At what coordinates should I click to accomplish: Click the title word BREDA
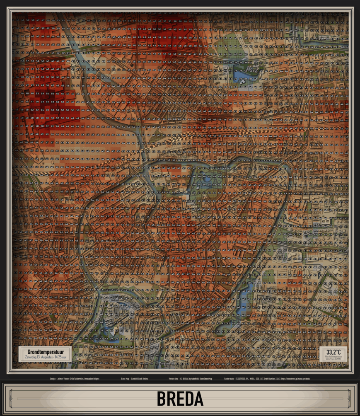tap(180, 399)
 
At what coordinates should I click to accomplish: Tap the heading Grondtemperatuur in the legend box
tap(44, 351)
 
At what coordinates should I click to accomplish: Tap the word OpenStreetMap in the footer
tap(205, 379)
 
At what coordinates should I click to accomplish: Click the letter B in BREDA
tap(162, 399)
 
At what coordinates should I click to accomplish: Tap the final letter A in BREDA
tap(198, 399)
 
